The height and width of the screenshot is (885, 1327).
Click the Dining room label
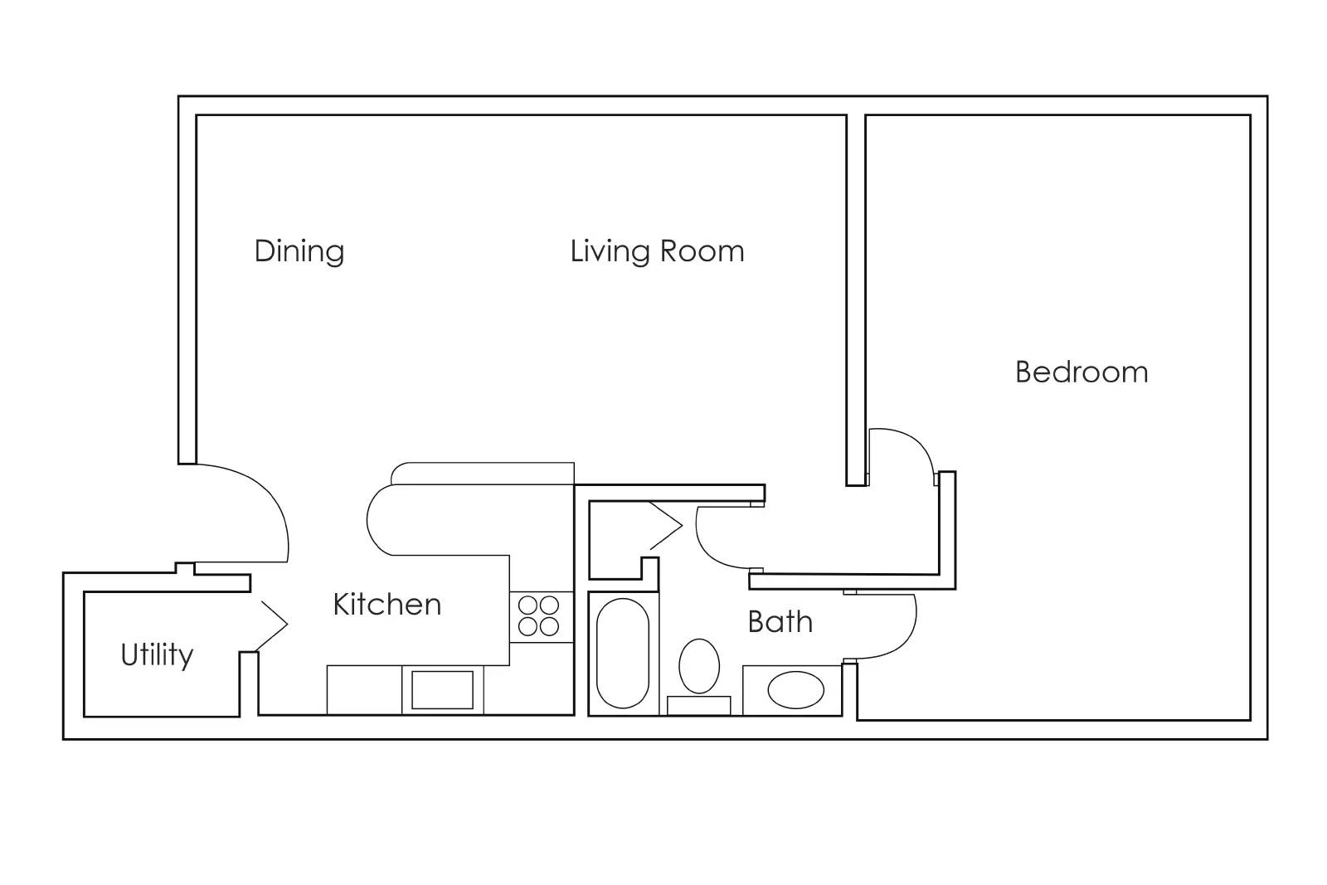(299, 251)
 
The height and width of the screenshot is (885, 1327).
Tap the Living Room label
(657, 251)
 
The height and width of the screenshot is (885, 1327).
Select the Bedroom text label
(1082, 372)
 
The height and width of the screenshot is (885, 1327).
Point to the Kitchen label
(386, 605)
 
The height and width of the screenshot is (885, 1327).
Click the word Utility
(157, 655)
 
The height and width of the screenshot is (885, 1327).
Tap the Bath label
(780, 622)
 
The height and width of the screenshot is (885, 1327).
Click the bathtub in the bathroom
(623, 653)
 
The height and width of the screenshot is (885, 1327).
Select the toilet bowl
(699, 665)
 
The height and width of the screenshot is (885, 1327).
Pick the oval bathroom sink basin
(795, 690)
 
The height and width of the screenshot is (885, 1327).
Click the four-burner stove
(539, 616)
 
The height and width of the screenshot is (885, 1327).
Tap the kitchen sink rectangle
(442, 690)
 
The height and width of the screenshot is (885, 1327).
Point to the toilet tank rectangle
(698, 706)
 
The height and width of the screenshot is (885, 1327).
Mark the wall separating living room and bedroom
(856, 290)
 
